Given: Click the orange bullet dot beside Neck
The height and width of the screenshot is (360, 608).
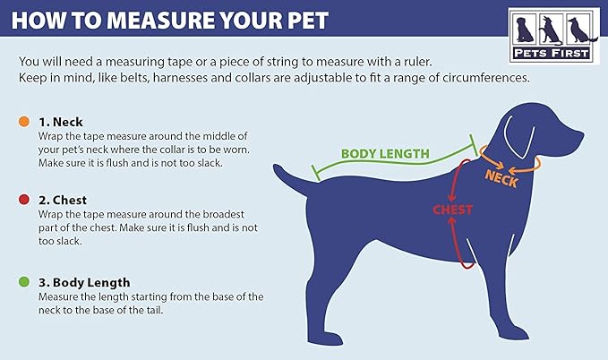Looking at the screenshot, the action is (x=24, y=122).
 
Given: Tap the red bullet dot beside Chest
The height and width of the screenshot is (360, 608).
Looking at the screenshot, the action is (x=24, y=200).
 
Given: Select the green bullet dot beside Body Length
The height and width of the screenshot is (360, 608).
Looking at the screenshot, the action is (x=24, y=281).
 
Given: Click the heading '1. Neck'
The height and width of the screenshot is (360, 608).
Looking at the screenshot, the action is (x=61, y=122).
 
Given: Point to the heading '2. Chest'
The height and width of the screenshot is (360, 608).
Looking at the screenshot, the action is (x=63, y=200).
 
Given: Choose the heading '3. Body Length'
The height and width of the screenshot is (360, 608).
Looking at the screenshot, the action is (x=84, y=282).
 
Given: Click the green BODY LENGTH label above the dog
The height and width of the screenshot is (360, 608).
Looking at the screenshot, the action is (x=385, y=154).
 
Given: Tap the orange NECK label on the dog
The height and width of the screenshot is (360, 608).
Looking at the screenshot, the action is (x=501, y=178).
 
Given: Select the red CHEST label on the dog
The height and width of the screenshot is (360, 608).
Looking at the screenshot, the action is (x=452, y=210).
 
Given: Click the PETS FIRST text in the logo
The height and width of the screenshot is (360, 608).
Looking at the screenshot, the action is (x=551, y=53).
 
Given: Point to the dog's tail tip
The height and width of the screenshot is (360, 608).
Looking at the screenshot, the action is (x=276, y=167).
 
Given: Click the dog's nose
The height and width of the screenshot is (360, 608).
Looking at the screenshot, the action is (x=581, y=135).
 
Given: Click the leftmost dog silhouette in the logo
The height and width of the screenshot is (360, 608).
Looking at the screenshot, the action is (x=525, y=30).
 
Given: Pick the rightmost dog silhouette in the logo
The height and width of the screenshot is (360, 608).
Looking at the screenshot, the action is (x=580, y=30).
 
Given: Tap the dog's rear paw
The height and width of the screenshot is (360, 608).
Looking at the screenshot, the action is (x=328, y=339).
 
